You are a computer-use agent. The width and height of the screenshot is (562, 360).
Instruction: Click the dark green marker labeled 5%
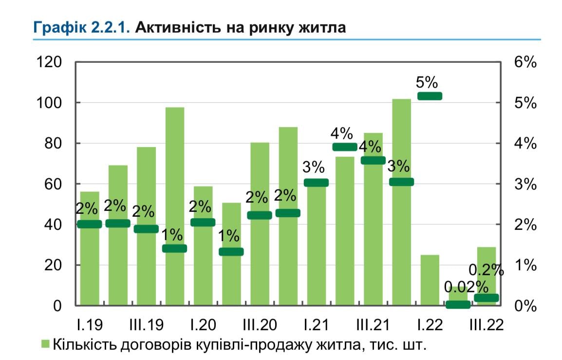point(430,96)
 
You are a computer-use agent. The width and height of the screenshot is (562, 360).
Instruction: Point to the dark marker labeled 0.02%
point(458,304)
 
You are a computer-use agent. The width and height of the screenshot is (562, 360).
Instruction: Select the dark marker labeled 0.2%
point(486,298)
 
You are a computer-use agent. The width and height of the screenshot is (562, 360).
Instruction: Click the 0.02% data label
point(466,287)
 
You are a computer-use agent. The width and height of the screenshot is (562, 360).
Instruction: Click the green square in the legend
point(45,344)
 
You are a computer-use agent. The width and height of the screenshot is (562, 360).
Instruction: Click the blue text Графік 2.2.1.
point(81,27)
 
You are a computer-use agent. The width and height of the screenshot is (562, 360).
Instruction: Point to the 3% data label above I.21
point(314,167)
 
